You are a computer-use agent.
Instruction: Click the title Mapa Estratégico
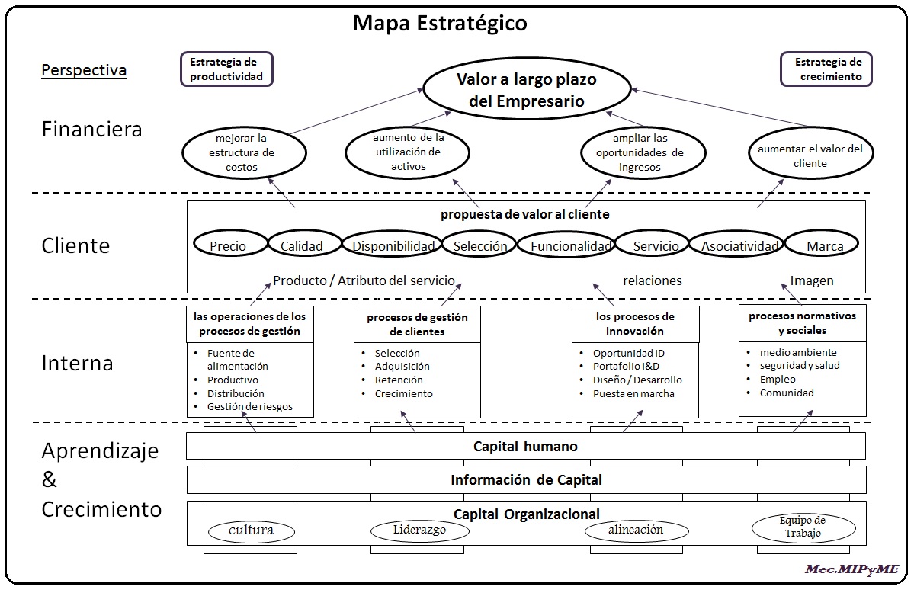click(439, 24)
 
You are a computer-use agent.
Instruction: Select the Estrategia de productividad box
click(226, 69)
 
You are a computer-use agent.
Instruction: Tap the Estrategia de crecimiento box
click(826, 69)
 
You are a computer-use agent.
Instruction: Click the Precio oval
click(228, 245)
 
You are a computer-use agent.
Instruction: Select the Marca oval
click(823, 245)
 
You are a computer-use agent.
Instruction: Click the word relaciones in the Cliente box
click(652, 280)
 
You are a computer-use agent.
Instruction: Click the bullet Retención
click(399, 380)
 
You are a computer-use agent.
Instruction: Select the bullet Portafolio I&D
click(626, 366)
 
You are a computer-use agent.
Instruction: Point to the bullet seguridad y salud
click(799, 365)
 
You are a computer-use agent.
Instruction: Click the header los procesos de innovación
click(634, 323)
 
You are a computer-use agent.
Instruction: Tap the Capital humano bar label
click(525, 447)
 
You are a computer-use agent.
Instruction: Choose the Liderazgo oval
click(419, 530)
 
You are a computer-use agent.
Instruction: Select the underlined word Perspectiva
click(84, 71)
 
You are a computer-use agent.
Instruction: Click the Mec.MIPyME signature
click(851, 569)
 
